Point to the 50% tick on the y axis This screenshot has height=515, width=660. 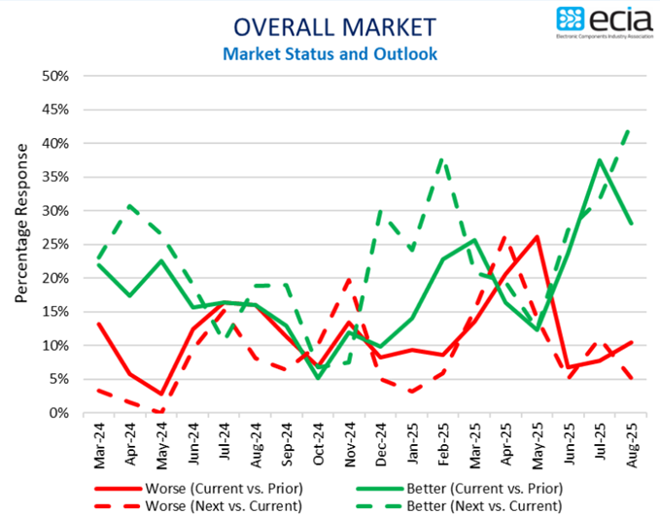(x=54, y=76)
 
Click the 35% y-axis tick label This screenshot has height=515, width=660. (x=54, y=177)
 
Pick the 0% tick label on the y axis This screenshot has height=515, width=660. (x=58, y=413)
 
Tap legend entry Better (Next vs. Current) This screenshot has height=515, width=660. (x=462, y=505)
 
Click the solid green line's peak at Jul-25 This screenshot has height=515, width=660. (x=600, y=160)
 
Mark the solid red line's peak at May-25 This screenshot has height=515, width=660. (x=537, y=236)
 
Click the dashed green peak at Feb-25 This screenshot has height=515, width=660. (x=443, y=158)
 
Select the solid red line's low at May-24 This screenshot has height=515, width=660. (x=161, y=394)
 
